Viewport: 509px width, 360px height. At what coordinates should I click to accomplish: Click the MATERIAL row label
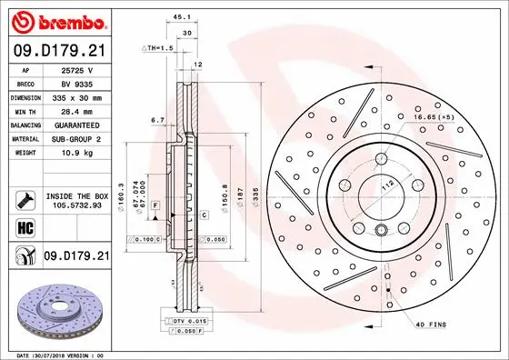click(25, 139)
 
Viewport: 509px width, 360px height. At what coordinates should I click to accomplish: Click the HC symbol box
click(25, 227)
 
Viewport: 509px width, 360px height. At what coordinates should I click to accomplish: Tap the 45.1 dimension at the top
click(181, 15)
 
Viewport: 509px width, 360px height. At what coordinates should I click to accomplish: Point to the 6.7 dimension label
click(156, 119)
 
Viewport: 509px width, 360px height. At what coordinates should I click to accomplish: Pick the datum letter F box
click(156, 207)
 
